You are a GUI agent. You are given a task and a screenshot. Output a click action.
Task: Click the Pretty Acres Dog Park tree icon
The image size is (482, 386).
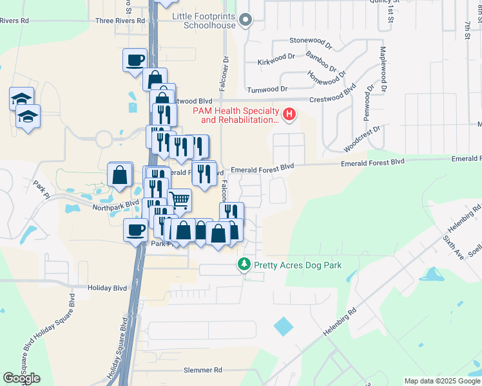[x=244, y=264]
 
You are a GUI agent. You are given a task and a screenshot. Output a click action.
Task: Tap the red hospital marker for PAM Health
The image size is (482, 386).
[x=289, y=115]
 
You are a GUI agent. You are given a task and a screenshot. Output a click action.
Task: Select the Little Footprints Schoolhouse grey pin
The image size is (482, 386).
[x=244, y=21]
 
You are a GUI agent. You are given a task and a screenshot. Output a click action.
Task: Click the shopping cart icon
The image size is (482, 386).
[x=180, y=199]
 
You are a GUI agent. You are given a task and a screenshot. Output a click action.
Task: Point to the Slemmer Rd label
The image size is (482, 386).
[x=202, y=370]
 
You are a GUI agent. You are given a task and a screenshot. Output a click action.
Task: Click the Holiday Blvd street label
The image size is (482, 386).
[x=108, y=288]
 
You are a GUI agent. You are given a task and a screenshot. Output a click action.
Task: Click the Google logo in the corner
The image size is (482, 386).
[x=21, y=378]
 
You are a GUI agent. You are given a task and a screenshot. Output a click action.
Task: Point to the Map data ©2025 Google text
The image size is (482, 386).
[x=442, y=381]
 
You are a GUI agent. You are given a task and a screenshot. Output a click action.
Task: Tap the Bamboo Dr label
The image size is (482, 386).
[x=320, y=61]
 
